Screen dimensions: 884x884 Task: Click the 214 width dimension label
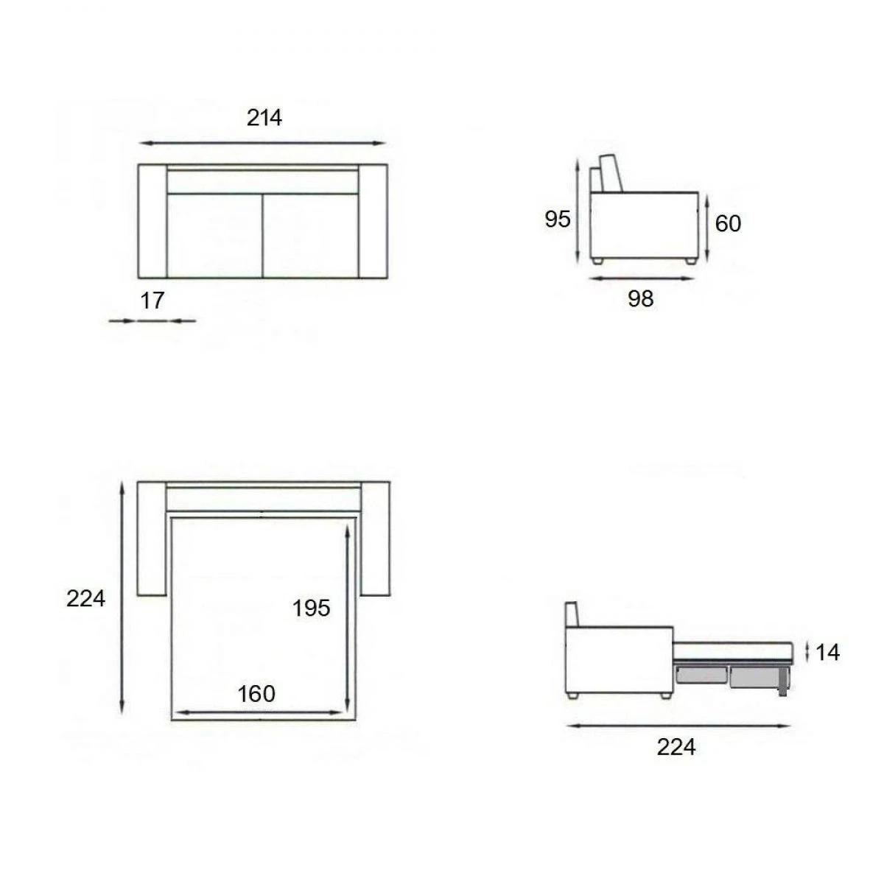[264, 118]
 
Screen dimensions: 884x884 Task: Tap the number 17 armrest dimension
[152, 301]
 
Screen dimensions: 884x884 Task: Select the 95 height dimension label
[558, 219]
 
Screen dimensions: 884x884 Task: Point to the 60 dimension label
[728, 223]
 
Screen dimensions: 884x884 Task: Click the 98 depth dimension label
[640, 298]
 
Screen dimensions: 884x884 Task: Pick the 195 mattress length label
[311, 608]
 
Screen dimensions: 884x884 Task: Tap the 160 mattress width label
[256, 694]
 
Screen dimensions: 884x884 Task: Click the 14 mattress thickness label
[827, 653]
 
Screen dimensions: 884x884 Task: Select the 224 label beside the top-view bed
[85, 599]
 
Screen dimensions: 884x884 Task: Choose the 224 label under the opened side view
[676, 747]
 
